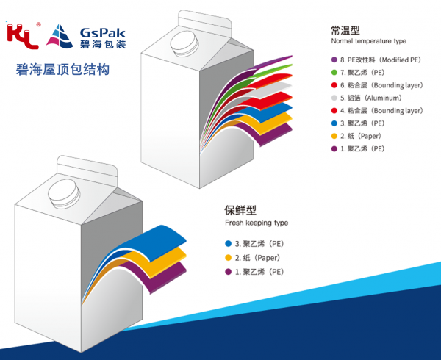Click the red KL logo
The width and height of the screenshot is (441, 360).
[23, 36]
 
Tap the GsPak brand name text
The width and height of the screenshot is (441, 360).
[102, 33]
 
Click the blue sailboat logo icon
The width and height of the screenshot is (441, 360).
[60, 36]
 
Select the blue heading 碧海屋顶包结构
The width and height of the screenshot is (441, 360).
[62, 69]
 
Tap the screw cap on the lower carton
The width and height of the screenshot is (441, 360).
[64, 194]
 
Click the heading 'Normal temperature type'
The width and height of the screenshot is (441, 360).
[369, 41]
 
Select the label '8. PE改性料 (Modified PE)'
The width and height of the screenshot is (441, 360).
[381, 60]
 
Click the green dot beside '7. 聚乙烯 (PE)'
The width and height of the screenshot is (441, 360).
[334, 73]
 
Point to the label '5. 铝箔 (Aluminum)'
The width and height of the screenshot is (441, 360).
[371, 98]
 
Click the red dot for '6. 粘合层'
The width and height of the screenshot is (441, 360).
[334, 85]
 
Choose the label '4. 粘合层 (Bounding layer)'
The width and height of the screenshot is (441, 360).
[381, 110]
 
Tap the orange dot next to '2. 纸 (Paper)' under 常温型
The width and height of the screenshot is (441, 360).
[334, 136]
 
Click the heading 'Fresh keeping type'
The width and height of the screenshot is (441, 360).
[257, 223]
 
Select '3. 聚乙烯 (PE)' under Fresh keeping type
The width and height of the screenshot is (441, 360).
[259, 244]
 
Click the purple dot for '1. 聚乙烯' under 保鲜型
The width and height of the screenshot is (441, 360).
[228, 272]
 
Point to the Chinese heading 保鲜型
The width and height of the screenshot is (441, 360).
[240, 210]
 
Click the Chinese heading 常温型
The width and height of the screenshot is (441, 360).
[345, 30]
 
